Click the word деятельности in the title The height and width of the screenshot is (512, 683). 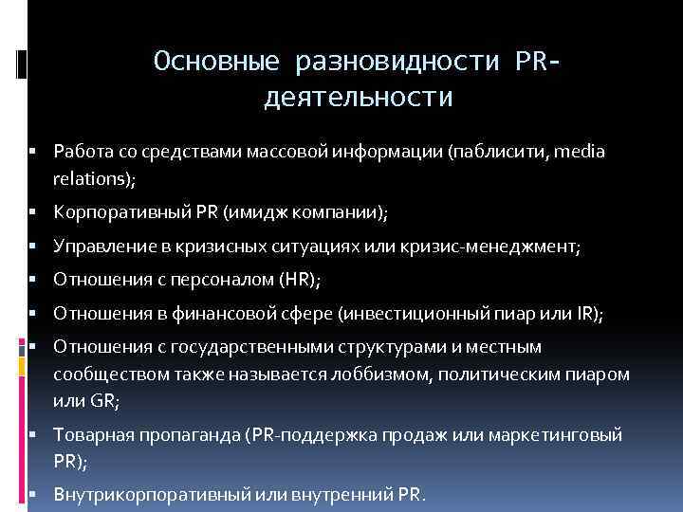click(x=358, y=98)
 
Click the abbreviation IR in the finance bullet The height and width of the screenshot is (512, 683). click(x=588, y=313)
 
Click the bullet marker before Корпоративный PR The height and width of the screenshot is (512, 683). click(x=32, y=213)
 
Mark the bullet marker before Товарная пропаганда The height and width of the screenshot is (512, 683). click(x=32, y=435)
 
